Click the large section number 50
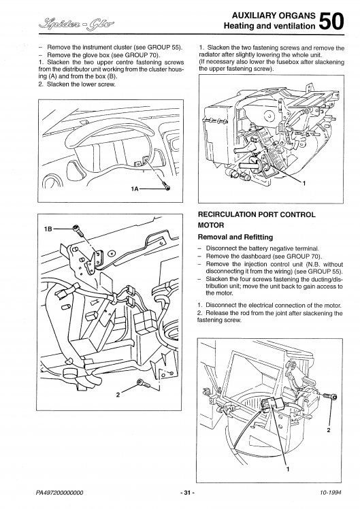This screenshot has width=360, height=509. coord(331,21)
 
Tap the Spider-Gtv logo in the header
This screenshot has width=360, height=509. coord(77,23)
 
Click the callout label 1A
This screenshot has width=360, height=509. coord(135,188)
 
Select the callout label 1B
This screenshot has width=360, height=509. coord(48,229)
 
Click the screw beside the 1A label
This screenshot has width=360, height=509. coord(167,187)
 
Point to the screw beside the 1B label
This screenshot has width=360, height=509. coord(78,230)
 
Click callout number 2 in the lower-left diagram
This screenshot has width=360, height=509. coord(118,395)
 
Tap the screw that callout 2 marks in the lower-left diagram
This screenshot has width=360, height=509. coord(143,383)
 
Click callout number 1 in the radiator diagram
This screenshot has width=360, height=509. coord(304,184)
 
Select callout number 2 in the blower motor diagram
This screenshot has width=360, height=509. coord(329,430)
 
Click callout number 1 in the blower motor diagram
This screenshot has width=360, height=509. coord(288,469)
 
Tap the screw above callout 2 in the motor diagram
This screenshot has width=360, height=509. coord(331,396)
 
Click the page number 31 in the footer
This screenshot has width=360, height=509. coord(187,493)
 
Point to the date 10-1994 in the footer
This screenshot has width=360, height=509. coord(331,493)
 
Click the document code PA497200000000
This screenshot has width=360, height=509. coord(59,493)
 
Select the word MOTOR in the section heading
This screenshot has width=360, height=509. coord(211,225)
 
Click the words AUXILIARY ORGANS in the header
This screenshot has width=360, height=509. coord(274,16)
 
